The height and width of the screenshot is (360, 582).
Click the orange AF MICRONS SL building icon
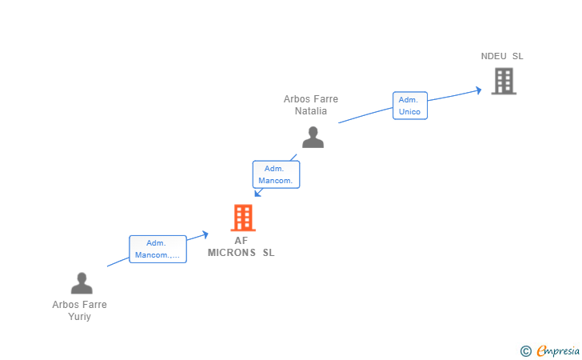pos(243,218)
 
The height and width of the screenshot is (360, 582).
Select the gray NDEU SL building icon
pos(504,81)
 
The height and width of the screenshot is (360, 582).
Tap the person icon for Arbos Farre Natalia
pos(313,137)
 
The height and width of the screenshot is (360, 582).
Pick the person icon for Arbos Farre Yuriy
pos(82,283)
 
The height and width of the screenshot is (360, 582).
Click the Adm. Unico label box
pos(410,106)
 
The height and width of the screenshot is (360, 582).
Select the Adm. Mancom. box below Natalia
pos(276,174)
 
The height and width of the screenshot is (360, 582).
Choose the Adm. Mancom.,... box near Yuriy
pos(157,249)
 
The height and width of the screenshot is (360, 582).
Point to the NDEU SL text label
pos(502,56)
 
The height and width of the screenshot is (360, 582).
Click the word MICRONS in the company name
pos(232,253)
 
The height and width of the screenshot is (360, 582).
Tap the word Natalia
pos(311,111)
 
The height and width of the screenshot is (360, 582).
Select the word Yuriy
pos(79,317)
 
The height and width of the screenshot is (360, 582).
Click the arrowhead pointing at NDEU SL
pos(479,90)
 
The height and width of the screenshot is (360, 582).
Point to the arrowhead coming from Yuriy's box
pos(205,234)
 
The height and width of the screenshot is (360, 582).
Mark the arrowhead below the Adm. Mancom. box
pos(257,193)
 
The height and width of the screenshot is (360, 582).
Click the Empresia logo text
pos(558,350)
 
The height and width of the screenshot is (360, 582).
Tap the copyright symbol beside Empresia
pos(525,351)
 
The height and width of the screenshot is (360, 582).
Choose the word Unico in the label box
pos(409,112)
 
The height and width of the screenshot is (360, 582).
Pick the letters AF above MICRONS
pos(241,241)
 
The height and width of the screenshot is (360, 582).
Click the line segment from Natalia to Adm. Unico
pos(365,114)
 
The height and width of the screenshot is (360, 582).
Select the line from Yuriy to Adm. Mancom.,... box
pos(118,262)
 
